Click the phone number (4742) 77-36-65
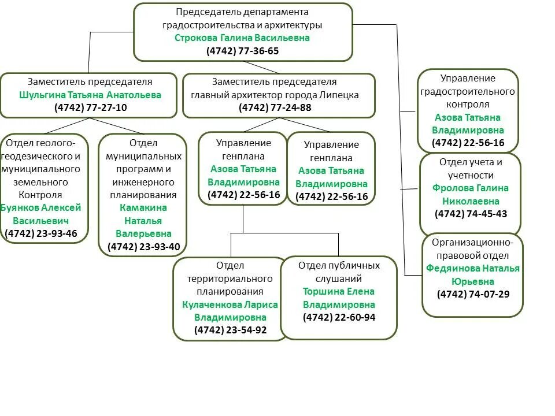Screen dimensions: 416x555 tap(242, 51)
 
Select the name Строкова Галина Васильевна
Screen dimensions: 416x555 tap(242, 38)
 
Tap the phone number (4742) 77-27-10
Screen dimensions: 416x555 tap(90, 107)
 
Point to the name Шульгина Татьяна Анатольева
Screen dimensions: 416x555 tap(90, 95)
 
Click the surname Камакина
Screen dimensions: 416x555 tap(143, 207)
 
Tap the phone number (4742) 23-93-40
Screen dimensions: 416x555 tap(143, 247)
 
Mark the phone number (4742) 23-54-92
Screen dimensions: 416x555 tap(230, 330)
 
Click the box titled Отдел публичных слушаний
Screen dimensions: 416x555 tap(339, 298)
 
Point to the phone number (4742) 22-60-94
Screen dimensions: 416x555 tap(339, 317)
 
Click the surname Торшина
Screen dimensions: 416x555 tap(323, 291)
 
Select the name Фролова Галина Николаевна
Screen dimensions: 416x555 tap(471, 195)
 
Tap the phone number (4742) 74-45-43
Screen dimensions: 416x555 tap(471, 214)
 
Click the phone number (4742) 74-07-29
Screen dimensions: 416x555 tap(473, 294)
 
